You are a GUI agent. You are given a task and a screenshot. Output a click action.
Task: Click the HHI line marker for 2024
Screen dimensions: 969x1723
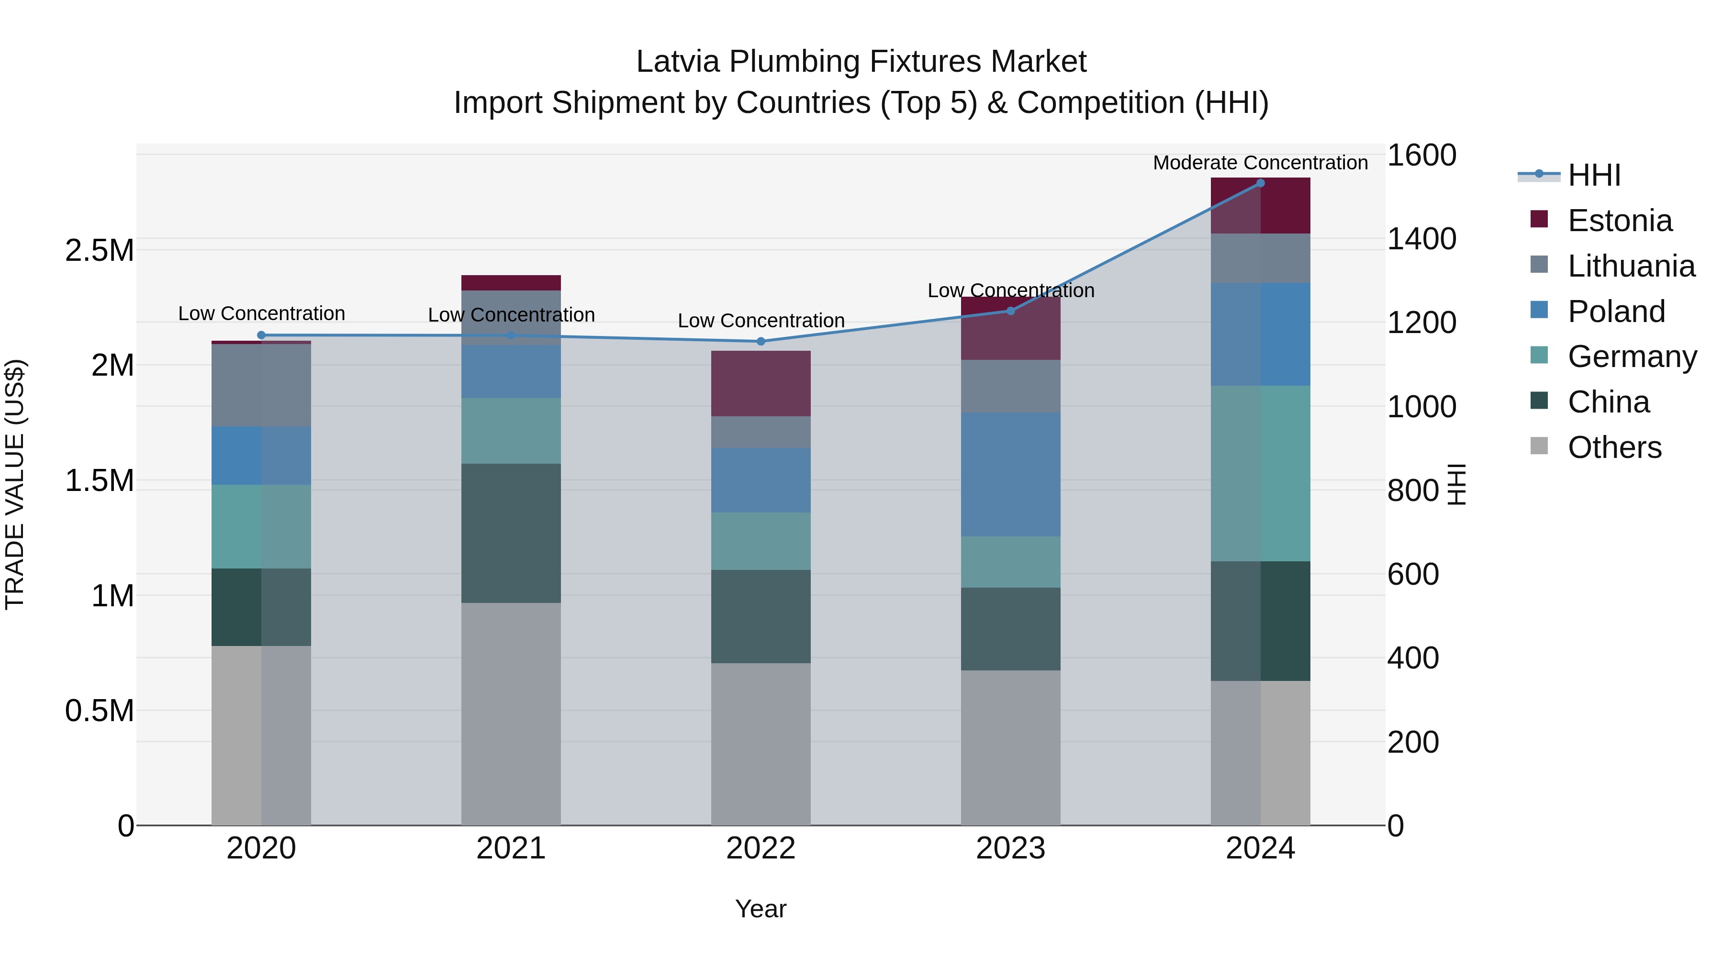click(x=1260, y=183)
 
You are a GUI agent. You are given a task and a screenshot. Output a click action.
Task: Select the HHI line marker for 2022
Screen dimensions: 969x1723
click(x=761, y=341)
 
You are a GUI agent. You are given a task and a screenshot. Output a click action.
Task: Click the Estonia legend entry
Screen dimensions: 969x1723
click(x=1619, y=221)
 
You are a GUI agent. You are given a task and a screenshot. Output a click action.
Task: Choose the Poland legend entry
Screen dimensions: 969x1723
click(x=1616, y=312)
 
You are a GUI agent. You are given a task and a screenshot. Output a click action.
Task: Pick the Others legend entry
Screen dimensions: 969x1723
click(x=1614, y=447)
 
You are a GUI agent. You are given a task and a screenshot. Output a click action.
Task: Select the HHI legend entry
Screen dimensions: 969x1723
click(x=1593, y=175)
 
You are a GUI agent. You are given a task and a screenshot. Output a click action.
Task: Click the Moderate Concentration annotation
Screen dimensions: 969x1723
click(x=1260, y=163)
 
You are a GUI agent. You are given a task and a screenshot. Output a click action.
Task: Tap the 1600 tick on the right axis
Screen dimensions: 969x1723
click(x=1422, y=155)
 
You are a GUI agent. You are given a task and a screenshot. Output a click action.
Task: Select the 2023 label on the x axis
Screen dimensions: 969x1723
click(x=1010, y=848)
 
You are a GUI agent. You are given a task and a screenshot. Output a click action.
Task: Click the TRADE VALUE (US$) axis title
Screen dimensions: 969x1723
click(x=16, y=484)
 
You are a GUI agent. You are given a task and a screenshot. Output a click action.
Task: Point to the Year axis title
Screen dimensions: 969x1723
click(x=761, y=909)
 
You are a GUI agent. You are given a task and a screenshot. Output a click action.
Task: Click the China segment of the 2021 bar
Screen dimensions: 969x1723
click(x=511, y=533)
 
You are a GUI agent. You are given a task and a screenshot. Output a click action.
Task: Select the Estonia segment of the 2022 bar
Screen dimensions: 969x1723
click(x=761, y=383)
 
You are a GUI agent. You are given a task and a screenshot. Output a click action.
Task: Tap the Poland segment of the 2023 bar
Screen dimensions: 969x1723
click(x=1010, y=474)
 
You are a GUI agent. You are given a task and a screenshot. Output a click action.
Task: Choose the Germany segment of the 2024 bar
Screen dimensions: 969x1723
click(x=1260, y=473)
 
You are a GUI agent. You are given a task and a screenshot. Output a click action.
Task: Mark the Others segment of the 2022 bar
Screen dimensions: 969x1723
click(x=761, y=744)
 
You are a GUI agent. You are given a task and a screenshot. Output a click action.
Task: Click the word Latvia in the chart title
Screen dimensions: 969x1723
click(x=678, y=62)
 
